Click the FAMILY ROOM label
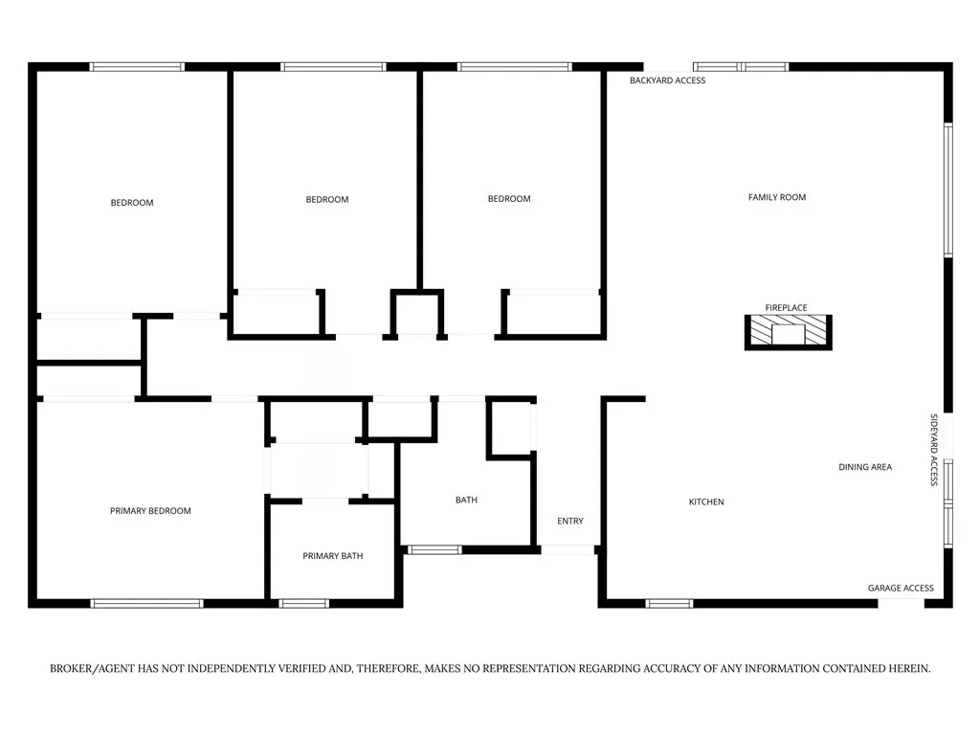click(777, 197)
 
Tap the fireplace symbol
click(789, 332)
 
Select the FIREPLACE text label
click(787, 307)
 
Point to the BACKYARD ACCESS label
click(667, 80)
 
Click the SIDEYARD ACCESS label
click(934, 450)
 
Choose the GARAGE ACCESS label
click(901, 589)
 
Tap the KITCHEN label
click(706, 501)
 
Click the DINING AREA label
click(865, 467)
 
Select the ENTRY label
click(570, 522)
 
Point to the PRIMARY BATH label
click(332, 556)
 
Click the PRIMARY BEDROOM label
click(150, 511)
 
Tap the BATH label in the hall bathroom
click(466, 500)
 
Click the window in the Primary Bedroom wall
click(146, 604)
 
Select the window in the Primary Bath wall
click(303, 604)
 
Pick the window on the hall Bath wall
click(435, 550)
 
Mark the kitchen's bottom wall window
click(669, 604)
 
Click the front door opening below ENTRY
click(568, 550)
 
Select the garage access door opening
click(902, 604)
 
